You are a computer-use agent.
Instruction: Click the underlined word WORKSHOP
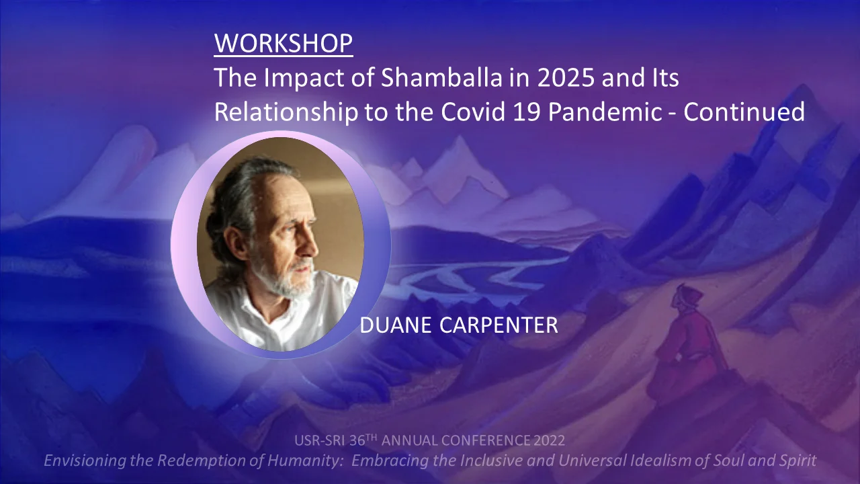tap(284, 43)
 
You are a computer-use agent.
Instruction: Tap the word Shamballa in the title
tap(441, 77)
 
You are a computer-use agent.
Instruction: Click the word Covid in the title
tap(472, 112)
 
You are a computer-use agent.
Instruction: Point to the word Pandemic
tap(605, 112)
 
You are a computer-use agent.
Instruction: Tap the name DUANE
tap(396, 325)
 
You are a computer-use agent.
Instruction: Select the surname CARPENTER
tap(499, 325)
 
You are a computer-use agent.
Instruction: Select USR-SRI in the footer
tap(320, 440)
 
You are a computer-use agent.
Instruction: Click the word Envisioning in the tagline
tap(85, 460)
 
